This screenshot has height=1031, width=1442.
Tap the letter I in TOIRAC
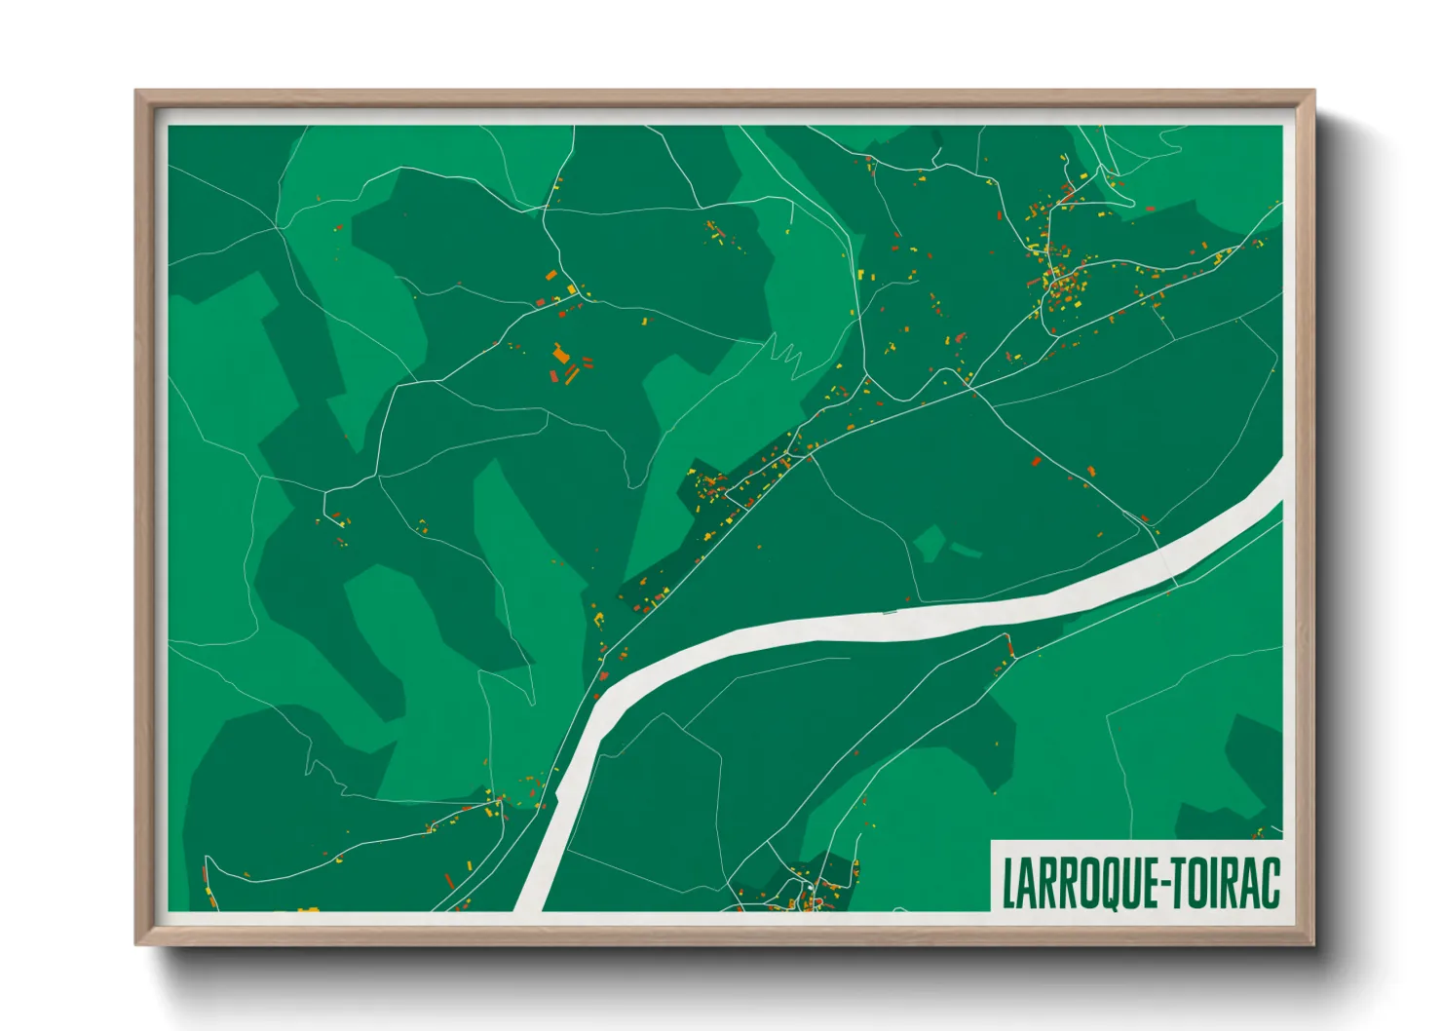pyautogui.click(x=1211, y=883)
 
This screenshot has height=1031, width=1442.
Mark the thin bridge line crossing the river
pyautogui.click(x=889, y=613)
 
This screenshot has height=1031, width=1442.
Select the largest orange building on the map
pyautogui.click(x=560, y=353)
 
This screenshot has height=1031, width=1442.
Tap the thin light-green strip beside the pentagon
pyautogui.click(x=966, y=551)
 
